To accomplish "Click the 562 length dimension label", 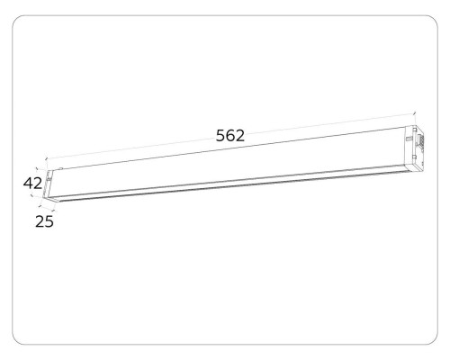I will (231, 136).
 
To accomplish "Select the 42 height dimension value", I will (33, 184).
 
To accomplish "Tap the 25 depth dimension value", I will (44, 220).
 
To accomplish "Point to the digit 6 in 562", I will (231, 136).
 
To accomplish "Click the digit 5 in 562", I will (220, 136).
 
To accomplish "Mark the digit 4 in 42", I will (28, 184).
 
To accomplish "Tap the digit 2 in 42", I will (40, 184).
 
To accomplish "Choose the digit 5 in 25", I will (49, 220).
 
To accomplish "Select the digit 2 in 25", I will (39, 220).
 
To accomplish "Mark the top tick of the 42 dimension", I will (37, 167).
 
